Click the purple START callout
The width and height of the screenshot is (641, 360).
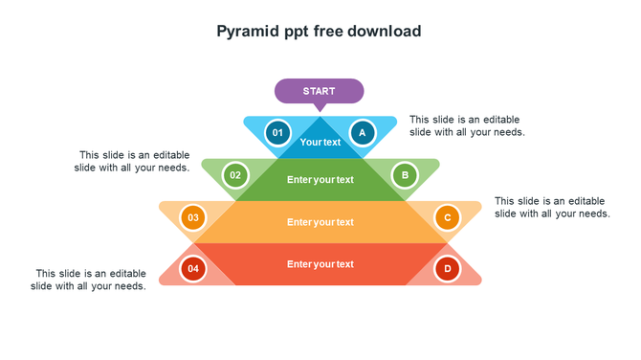[x=319, y=91]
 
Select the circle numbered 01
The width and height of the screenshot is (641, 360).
[x=277, y=132]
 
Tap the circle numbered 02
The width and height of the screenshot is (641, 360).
[x=235, y=175]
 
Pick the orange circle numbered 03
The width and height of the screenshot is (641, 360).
[x=193, y=217]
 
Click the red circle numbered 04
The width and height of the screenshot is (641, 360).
[x=193, y=269]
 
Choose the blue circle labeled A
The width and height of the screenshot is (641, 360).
[x=362, y=132]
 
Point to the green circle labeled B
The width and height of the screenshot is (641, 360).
[x=405, y=175]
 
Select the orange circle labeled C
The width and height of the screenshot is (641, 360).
[x=447, y=217]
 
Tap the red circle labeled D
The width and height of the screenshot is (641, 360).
[x=447, y=269]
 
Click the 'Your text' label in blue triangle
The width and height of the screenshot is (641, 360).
[x=320, y=143]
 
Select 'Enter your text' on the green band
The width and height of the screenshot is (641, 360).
[x=320, y=180]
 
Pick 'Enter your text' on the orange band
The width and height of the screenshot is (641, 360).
[x=320, y=222]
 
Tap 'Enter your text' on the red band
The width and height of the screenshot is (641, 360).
[x=320, y=264]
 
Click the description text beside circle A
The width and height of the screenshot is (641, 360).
[x=467, y=125]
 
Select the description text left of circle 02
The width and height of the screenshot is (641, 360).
[x=132, y=161]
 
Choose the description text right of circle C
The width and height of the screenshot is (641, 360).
[x=552, y=207]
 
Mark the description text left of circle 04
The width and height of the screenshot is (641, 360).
[x=88, y=280]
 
